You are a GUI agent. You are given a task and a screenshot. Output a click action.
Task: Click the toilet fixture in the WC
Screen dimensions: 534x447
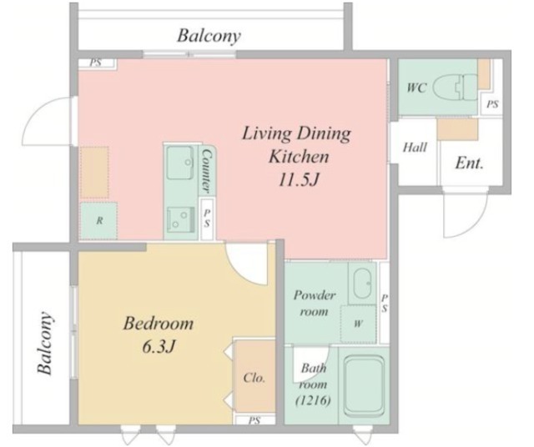[456, 88]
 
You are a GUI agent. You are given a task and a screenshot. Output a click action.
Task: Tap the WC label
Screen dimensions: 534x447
[416, 88]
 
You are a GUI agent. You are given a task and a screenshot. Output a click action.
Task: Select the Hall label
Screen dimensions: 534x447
[415, 148]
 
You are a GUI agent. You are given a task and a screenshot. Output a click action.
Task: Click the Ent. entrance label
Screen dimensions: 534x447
[469, 163]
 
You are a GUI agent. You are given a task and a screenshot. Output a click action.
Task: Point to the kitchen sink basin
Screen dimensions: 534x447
[180, 163]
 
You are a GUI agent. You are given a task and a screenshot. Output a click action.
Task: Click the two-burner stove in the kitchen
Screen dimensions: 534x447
[180, 219]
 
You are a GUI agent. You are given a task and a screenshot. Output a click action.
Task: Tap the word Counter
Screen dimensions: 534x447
[207, 171]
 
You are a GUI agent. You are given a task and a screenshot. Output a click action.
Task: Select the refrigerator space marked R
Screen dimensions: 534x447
[98, 221]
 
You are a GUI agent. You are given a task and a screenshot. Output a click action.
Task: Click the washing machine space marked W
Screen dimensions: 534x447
[358, 324]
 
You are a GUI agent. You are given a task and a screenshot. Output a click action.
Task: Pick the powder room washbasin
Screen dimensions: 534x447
[363, 284]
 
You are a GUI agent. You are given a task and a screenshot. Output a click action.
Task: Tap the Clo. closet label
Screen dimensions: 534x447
[254, 378]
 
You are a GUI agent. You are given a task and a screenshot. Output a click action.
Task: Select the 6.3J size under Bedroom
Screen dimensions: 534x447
[158, 347]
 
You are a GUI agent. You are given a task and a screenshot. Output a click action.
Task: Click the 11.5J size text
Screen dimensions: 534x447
[299, 180]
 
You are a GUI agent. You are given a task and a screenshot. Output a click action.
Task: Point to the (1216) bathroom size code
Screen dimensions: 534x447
[313, 400]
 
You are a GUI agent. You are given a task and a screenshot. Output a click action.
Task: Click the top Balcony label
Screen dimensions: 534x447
[209, 35]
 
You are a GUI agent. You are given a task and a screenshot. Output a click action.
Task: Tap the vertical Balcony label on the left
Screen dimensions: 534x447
[45, 343]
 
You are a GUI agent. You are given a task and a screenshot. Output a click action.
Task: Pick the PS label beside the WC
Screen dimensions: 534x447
[492, 104]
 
